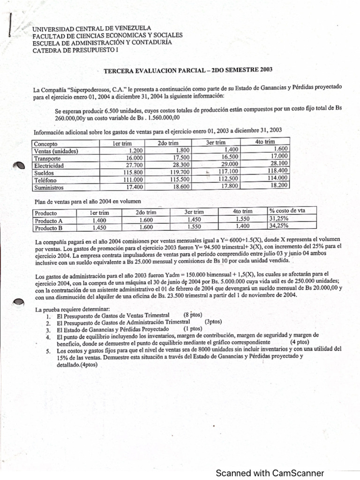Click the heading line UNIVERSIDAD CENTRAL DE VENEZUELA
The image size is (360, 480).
(91, 29)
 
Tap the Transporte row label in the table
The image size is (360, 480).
(47, 158)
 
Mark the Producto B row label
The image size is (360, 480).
(49, 228)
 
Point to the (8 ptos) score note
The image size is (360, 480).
(193, 315)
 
